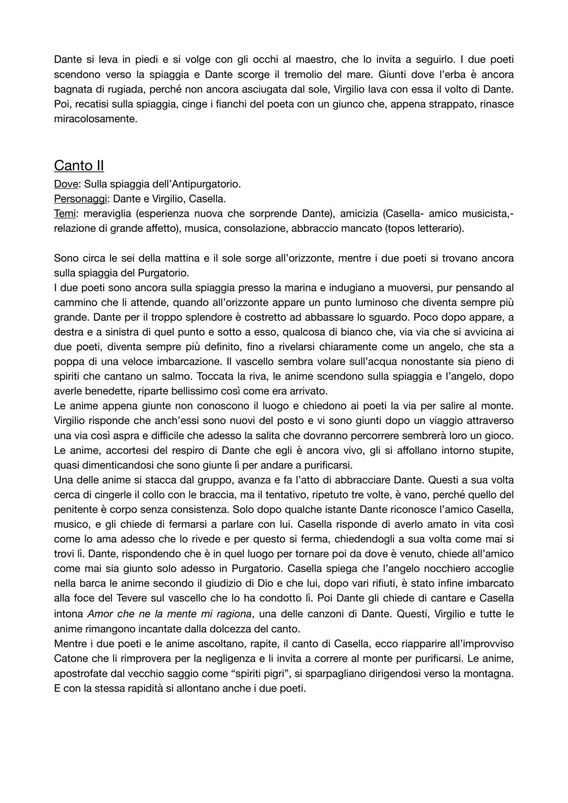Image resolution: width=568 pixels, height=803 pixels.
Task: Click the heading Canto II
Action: pos(79,166)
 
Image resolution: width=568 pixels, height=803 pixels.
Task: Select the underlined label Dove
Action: pos(65,185)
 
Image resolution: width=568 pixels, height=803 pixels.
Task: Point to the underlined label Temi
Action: pos(66,214)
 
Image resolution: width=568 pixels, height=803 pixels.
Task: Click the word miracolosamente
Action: pos(95,119)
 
